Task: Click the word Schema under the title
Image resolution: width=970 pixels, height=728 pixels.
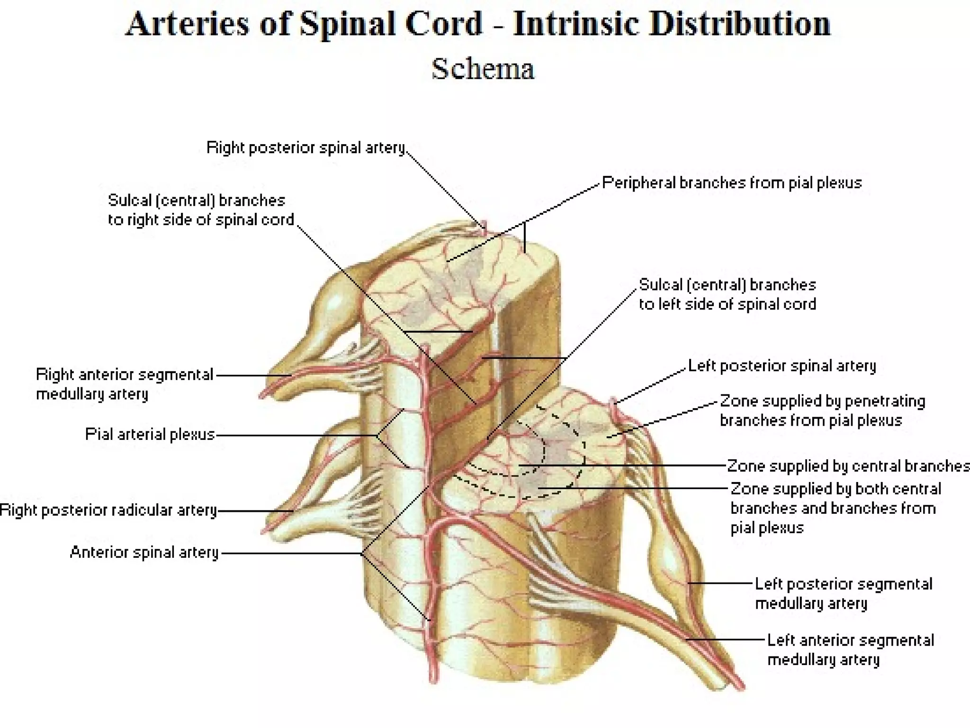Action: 483,69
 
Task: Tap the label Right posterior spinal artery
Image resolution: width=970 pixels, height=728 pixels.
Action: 306,148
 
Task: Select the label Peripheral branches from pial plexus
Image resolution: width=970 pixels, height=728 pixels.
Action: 732,183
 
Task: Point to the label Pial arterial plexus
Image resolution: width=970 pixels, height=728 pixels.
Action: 150,434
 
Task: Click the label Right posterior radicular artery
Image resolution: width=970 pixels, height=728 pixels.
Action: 108,510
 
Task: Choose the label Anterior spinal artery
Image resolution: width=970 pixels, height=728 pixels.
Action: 144,552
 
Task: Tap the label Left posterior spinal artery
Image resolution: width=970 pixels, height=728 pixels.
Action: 782,366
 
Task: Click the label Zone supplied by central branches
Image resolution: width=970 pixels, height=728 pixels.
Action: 848,466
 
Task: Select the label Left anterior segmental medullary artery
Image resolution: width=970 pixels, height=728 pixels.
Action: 850,650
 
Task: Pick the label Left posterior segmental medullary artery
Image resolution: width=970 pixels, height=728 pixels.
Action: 843,593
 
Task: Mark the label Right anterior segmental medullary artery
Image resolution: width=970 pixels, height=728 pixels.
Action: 125,384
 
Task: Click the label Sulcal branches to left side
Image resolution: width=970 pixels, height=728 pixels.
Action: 727,294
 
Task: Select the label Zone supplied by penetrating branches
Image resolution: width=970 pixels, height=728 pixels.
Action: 822,410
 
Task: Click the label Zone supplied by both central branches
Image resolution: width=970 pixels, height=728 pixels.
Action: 835,508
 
